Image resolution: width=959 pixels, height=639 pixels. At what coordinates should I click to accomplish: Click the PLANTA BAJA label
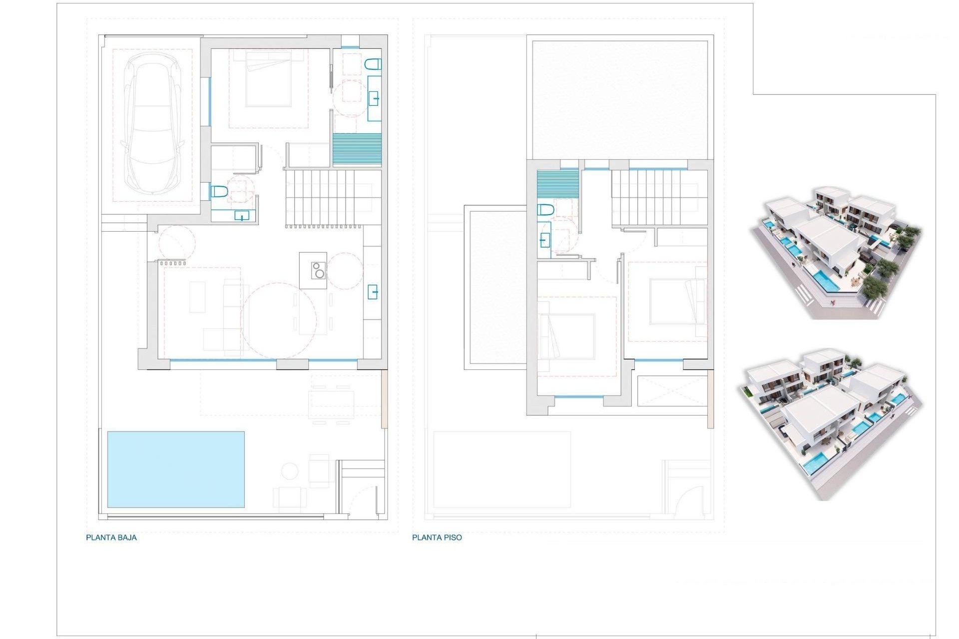[x=111, y=538]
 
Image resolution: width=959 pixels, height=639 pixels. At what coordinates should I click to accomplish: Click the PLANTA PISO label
[x=437, y=538]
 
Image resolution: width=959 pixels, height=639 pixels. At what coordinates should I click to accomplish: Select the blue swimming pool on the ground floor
[x=176, y=469]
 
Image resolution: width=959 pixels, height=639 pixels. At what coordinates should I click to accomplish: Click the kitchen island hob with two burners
[x=318, y=270]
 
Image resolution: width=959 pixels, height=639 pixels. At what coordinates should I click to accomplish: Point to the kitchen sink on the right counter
[x=373, y=292]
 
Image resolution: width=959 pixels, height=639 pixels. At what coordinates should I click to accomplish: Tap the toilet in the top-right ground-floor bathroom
[x=373, y=64]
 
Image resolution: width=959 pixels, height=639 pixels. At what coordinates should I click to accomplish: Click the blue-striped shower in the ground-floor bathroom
[x=357, y=149]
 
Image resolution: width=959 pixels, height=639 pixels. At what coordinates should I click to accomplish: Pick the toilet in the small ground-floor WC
[x=219, y=191]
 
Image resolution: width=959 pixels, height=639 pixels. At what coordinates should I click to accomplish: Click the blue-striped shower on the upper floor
[x=557, y=184]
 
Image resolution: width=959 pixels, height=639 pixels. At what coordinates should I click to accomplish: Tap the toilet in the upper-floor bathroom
[x=545, y=210]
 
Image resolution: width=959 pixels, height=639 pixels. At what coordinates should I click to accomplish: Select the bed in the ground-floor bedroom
[x=268, y=82]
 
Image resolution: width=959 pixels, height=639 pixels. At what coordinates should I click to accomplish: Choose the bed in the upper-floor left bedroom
[x=566, y=336]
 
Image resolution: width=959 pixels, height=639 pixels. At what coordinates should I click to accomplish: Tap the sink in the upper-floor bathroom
[x=544, y=241]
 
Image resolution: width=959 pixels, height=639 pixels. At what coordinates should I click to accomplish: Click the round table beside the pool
[x=289, y=471]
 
